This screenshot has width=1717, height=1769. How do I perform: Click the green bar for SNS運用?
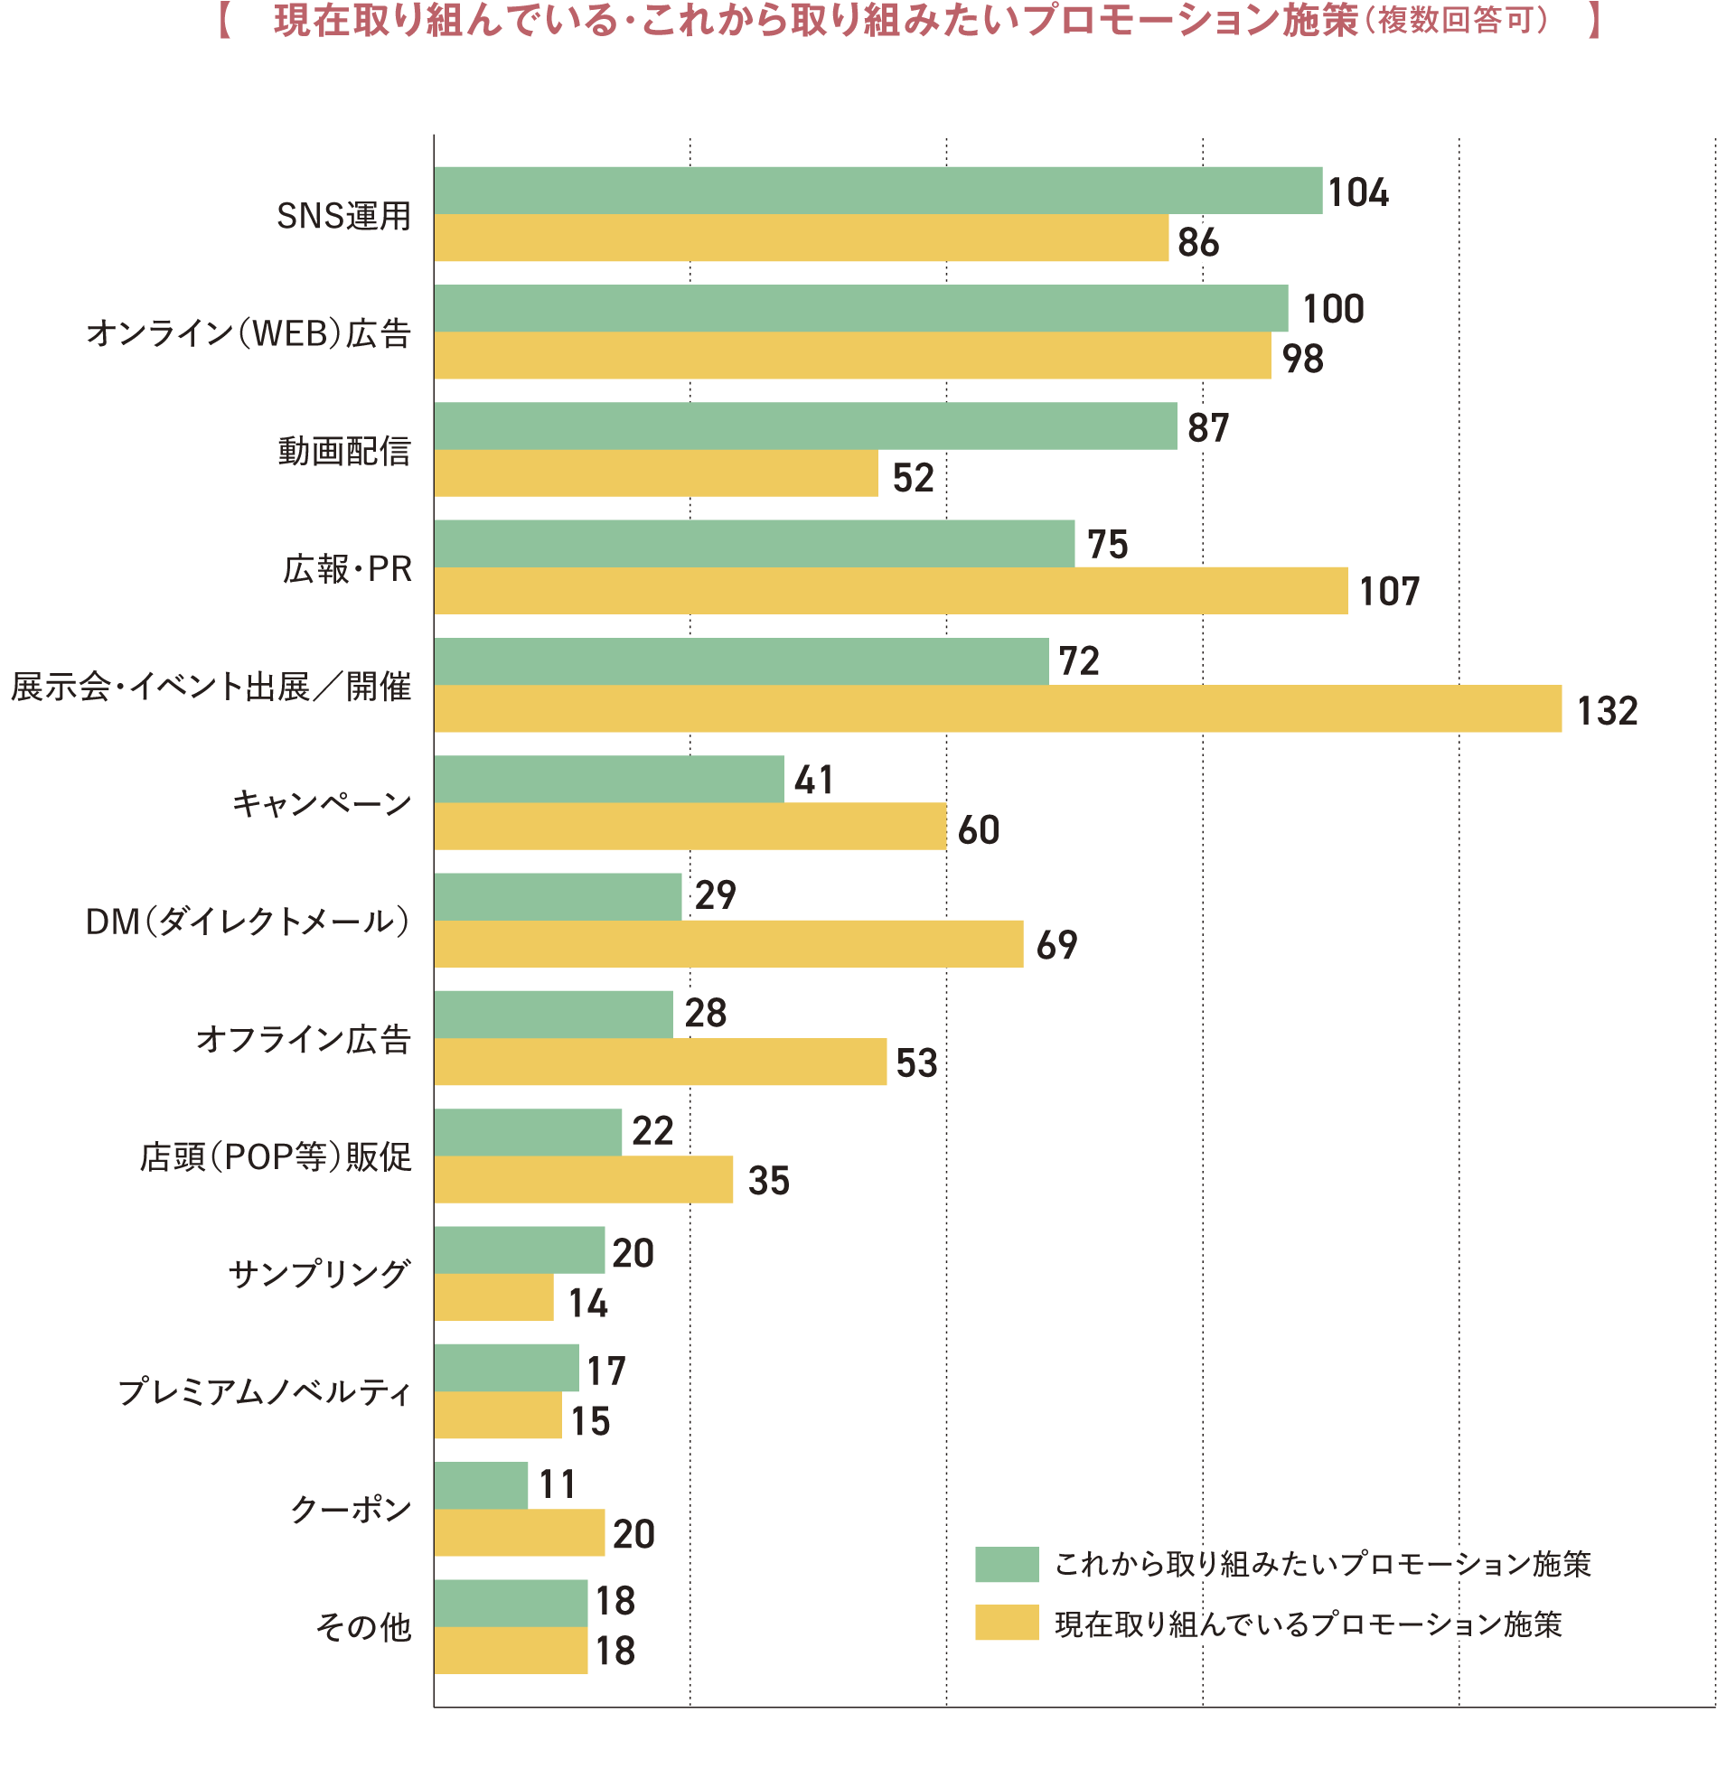877,191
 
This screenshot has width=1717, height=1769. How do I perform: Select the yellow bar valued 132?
998,708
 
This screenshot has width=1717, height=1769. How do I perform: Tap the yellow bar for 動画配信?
656,473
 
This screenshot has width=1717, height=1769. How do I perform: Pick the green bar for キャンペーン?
609,779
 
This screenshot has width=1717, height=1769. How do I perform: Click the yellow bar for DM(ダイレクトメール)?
728,944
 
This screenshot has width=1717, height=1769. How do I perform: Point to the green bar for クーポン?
481,1485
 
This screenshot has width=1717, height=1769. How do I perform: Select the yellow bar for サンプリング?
493,1297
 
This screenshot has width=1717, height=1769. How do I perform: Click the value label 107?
1390,592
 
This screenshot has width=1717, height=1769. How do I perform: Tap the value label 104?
1358,192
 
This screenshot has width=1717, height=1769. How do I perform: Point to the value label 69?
1056,945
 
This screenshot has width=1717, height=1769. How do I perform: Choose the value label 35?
769,1181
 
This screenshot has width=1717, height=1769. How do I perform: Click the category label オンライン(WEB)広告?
249,333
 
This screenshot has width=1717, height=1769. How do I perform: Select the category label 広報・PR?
347,569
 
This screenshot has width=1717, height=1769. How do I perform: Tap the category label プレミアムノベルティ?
265,1391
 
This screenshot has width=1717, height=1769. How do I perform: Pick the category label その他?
363,1627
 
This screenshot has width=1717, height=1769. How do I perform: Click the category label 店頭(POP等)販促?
276,1156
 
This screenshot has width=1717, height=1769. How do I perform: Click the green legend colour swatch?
1007,1564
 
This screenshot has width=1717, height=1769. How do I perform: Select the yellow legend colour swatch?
1007,1623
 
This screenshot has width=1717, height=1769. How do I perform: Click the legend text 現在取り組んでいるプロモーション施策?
1309,1624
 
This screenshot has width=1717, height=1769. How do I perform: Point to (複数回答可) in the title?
1462,20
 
